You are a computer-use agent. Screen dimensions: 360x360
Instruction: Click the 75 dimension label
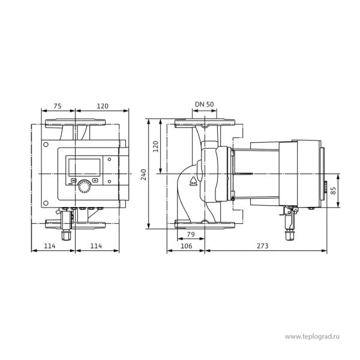[58, 106]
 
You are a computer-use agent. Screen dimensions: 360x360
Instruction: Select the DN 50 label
[205, 104]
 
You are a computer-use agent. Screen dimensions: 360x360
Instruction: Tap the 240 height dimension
[144, 175]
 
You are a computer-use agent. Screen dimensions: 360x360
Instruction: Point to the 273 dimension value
[262, 246]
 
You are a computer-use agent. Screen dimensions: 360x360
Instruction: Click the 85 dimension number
[333, 191]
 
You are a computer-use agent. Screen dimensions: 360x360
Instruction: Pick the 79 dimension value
[191, 234]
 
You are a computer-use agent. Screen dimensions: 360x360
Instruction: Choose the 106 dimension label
[186, 246]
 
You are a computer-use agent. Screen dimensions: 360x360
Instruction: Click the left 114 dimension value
[50, 246]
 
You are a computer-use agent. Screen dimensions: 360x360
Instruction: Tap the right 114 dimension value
[96, 246]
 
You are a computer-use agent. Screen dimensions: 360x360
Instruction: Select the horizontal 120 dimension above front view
[103, 106]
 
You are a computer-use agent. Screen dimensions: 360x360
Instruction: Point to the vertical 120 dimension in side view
[155, 146]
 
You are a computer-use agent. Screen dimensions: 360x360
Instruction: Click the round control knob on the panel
[84, 187]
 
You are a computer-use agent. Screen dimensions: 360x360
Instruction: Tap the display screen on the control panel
[84, 167]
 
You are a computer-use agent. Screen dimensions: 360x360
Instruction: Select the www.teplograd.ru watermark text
[312, 337]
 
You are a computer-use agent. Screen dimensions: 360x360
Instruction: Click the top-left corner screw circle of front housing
[46, 145]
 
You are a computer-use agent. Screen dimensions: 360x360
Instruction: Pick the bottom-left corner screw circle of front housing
[46, 203]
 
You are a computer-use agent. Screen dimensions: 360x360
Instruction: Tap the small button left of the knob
[73, 180]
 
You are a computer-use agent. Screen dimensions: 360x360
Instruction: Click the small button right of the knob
[95, 180]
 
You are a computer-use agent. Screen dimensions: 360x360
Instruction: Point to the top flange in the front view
[76, 123]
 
